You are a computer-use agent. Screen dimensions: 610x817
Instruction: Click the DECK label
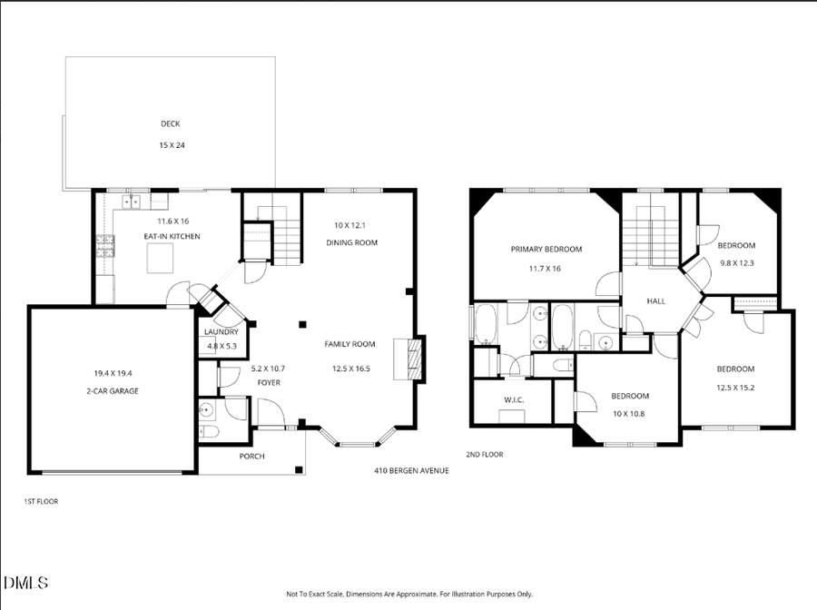click(170, 123)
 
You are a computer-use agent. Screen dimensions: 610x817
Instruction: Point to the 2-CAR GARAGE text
click(113, 390)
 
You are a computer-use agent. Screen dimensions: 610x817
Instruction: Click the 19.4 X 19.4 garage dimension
click(113, 372)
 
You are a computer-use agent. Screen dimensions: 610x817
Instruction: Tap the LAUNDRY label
click(221, 332)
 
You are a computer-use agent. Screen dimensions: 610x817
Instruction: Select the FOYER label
click(268, 382)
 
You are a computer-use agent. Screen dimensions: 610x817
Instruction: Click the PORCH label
click(251, 456)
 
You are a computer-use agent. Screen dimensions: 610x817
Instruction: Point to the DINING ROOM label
click(352, 242)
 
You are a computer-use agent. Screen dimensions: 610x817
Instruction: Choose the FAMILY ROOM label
click(350, 344)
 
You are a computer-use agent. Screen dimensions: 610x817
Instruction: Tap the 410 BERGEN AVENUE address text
click(411, 470)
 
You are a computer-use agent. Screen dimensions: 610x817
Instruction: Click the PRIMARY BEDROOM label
click(546, 249)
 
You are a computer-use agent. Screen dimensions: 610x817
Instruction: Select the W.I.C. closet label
click(514, 399)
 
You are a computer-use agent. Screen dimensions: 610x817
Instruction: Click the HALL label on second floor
click(656, 300)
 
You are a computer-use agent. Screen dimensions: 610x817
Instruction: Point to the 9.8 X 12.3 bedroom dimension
click(736, 263)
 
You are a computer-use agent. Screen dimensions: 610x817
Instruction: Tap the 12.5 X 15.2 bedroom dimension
click(735, 388)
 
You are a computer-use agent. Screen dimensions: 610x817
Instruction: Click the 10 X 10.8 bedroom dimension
click(629, 414)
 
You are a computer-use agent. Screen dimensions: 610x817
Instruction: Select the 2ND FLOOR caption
click(485, 454)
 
